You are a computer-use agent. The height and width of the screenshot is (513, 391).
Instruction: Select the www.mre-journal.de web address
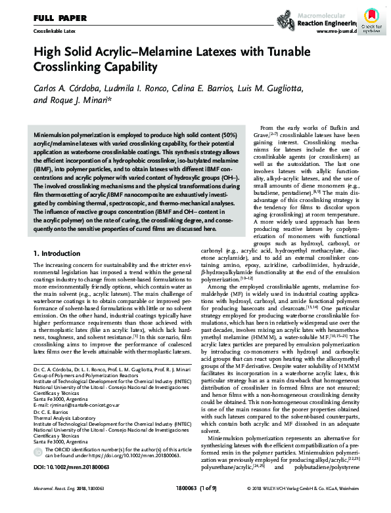tap(336, 31)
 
